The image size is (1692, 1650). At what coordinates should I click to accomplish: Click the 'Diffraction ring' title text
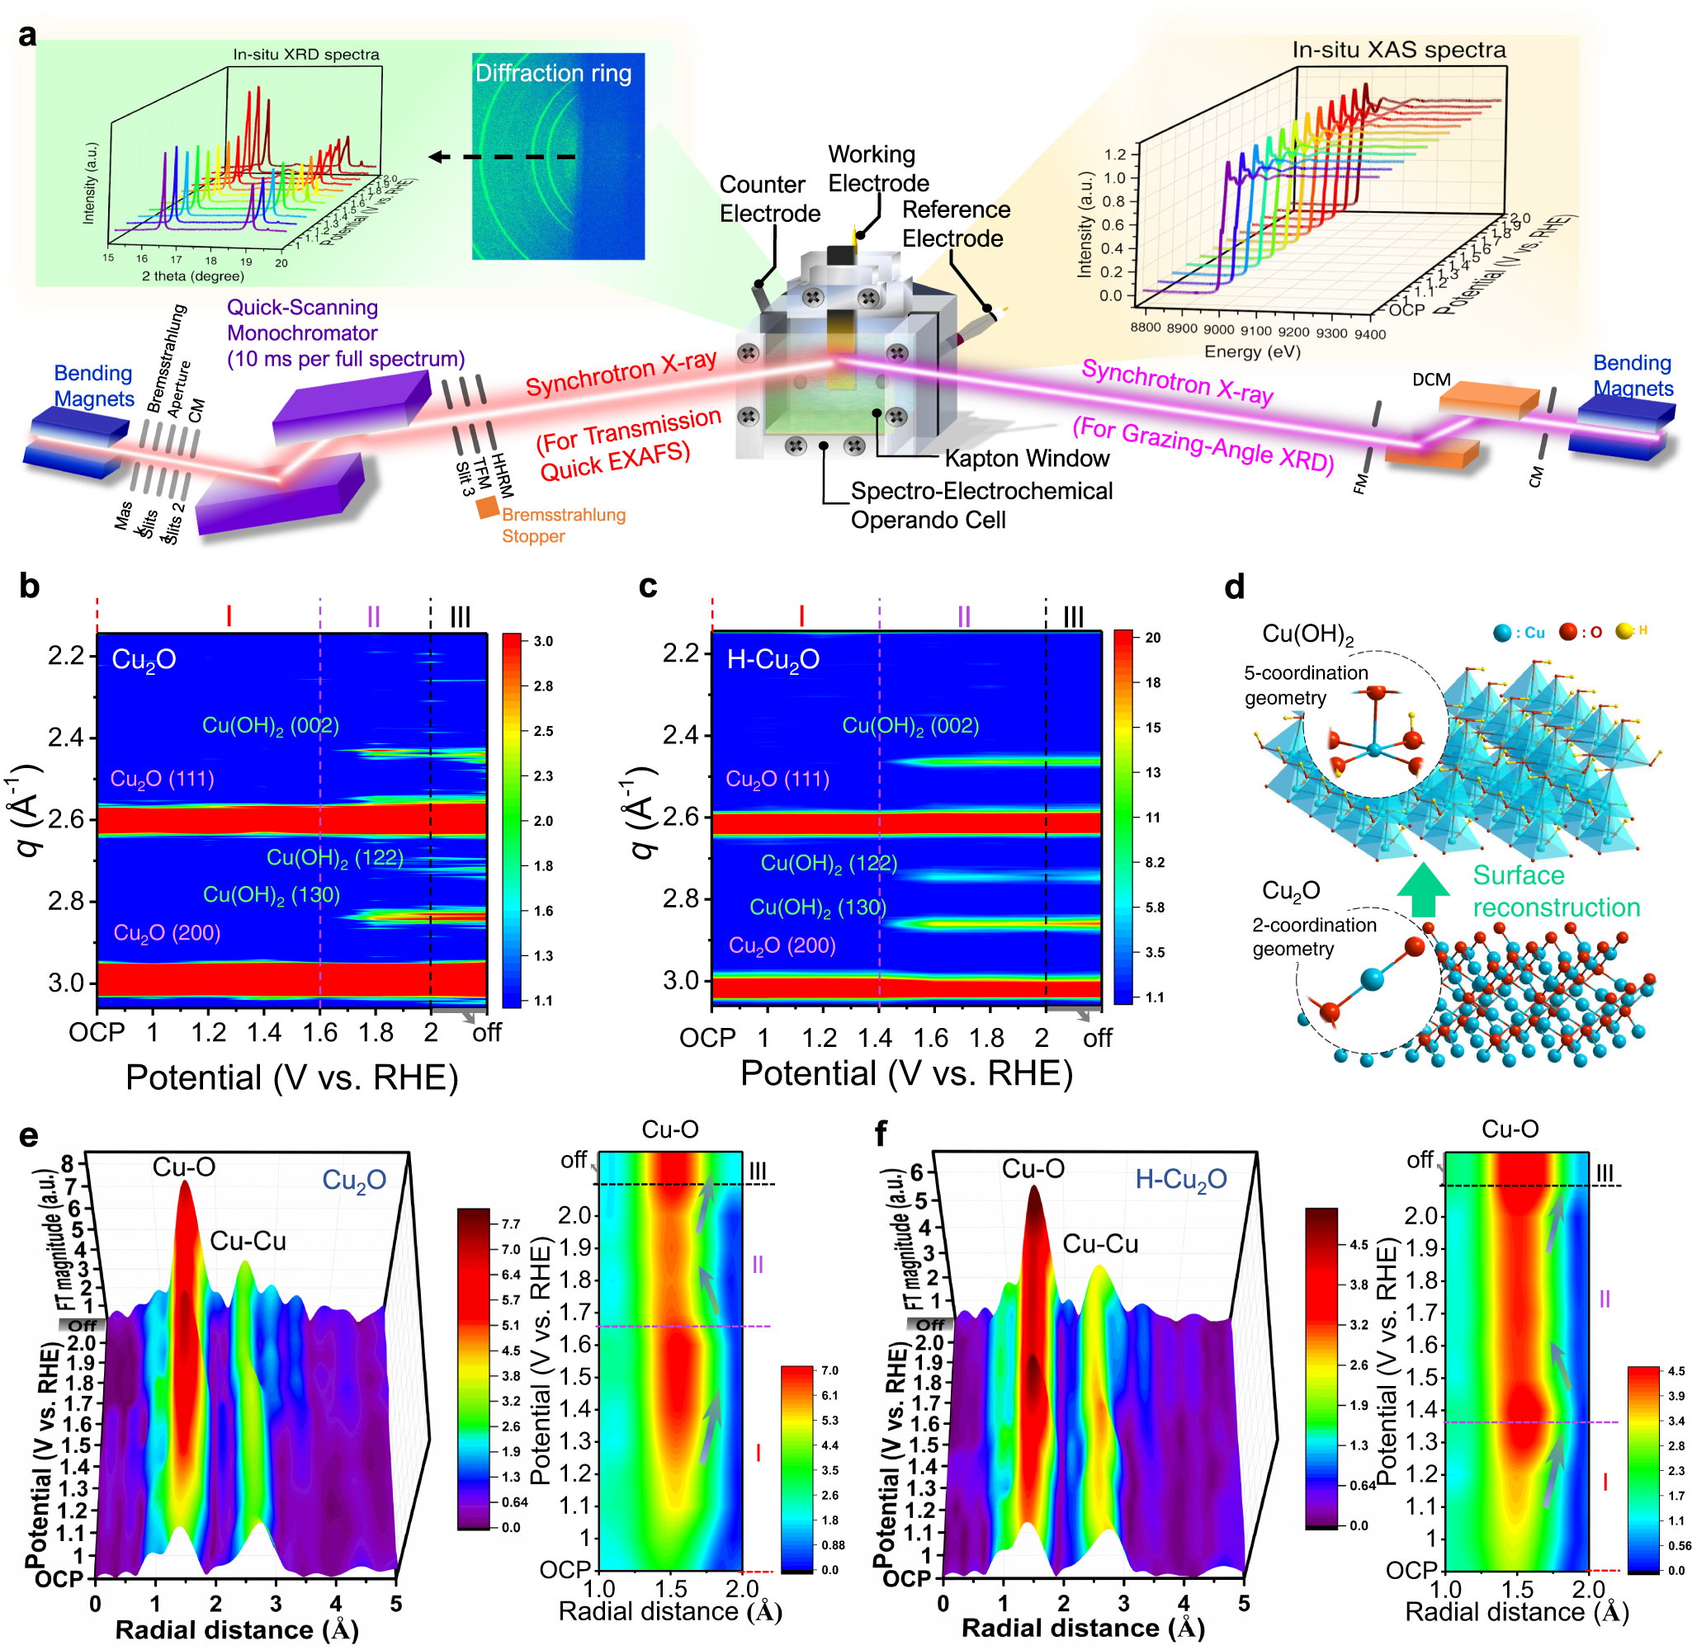pyautogui.click(x=552, y=73)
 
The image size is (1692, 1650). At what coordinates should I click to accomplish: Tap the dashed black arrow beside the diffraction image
pyautogui.click(x=503, y=157)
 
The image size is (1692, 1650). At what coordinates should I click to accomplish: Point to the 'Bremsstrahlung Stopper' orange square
pyautogui.click(x=487, y=508)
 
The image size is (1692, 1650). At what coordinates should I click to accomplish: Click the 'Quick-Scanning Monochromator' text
pyautogui.click(x=345, y=332)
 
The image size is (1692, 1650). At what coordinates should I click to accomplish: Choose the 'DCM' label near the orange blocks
pyautogui.click(x=1430, y=379)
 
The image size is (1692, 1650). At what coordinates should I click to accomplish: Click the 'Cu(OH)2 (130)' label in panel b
pyautogui.click(x=271, y=894)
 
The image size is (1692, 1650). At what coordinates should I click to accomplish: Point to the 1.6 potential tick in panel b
pyautogui.click(x=320, y=1032)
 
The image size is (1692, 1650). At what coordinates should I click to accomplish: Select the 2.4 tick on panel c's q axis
pyautogui.click(x=680, y=735)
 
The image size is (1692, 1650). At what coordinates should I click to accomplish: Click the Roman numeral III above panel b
pyautogui.click(x=460, y=617)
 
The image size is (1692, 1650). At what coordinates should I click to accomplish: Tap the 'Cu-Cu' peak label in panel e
pyautogui.click(x=247, y=1241)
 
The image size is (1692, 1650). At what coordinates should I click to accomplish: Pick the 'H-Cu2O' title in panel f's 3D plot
pyautogui.click(x=1179, y=1180)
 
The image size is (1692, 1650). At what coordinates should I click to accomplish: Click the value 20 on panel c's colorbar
pyautogui.click(x=1152, y=638)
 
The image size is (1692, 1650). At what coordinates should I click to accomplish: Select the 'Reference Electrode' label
pyautogui.click(x=955, y=224)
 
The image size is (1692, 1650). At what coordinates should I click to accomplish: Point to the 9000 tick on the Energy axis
pyautogui.click(x=1218, y=329)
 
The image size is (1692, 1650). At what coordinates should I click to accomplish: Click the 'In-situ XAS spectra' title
pyautogui.click(x=1397, y=50)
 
